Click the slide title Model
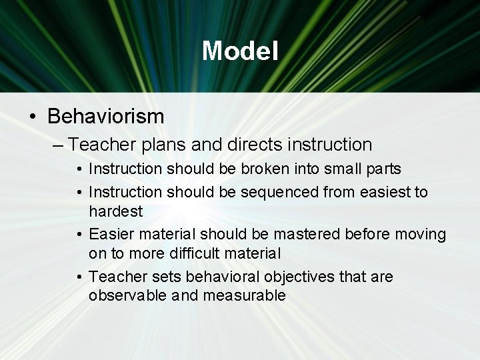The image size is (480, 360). click(240, 51)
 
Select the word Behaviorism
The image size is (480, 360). click(105, 117)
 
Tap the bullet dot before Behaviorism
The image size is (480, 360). click(33, 117)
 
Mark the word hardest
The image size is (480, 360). click(115, 211)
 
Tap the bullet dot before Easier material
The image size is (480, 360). click(79, 235)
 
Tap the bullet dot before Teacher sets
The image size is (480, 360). click(79, 277)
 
